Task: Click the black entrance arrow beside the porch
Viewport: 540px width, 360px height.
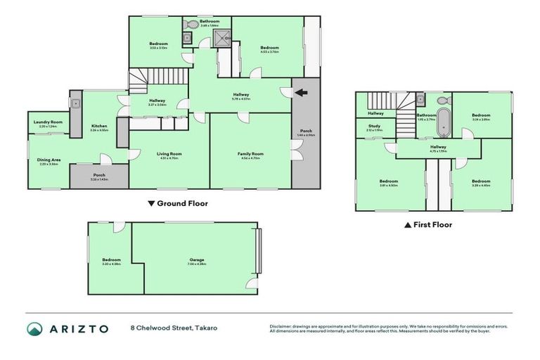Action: (301, 92)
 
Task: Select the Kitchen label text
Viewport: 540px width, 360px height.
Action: (98, 126)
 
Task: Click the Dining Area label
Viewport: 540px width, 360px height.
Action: (49, 160)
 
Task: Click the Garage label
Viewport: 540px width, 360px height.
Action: (196, 259)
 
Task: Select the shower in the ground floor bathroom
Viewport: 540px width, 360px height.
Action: (222, 39)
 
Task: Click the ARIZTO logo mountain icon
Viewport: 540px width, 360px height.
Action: (34, 328)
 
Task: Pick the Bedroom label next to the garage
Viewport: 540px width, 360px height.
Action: (111, 259)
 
